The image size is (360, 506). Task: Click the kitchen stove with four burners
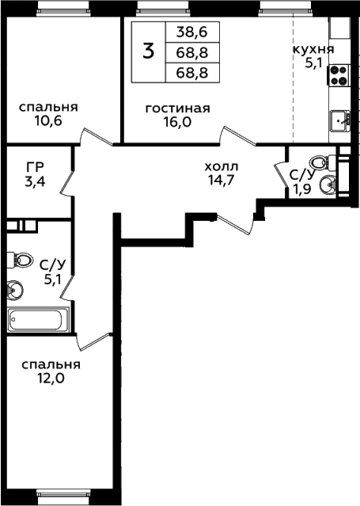[339, 75]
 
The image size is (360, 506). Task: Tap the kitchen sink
[340, 120]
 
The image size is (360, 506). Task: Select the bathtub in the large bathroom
[38, 319]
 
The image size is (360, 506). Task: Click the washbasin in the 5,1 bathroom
[14, 289]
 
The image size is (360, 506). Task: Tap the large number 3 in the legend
[149, 51]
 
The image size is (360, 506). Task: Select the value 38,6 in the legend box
[192, 32]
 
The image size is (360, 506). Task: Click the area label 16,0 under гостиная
[177, 122]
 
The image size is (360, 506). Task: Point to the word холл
[222, 167]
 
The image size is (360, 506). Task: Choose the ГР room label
[35, 167]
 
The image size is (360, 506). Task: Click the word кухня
[313, 50]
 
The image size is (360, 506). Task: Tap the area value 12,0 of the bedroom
[51, 379]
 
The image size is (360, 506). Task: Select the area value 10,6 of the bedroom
[48, 121]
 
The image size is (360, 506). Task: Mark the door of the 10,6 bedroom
[96, 136]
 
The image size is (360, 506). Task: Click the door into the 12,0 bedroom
[94, 341]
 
